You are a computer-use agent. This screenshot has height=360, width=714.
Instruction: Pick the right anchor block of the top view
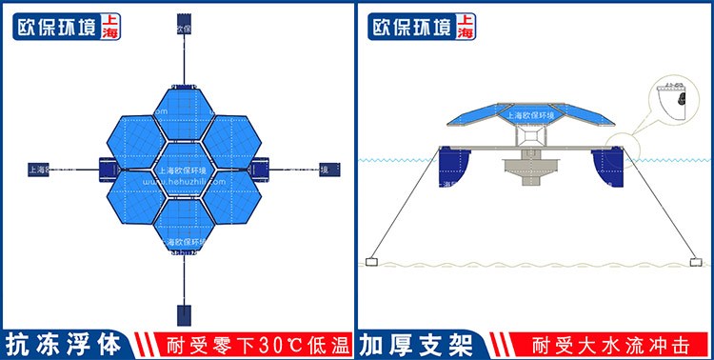(x=328, y=170)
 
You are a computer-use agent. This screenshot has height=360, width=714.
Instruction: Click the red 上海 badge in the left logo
(x=109, y=27)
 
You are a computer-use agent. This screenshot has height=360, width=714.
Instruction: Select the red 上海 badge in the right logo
(x=465, y=27)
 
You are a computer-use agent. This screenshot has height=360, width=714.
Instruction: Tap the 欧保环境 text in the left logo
(x=54, y=28)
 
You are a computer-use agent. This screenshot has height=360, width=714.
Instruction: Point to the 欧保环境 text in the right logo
(x=410, y=28)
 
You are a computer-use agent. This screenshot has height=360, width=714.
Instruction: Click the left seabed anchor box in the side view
(x=371, y=261)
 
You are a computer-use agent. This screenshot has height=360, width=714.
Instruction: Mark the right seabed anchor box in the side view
(x=691, y=261)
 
